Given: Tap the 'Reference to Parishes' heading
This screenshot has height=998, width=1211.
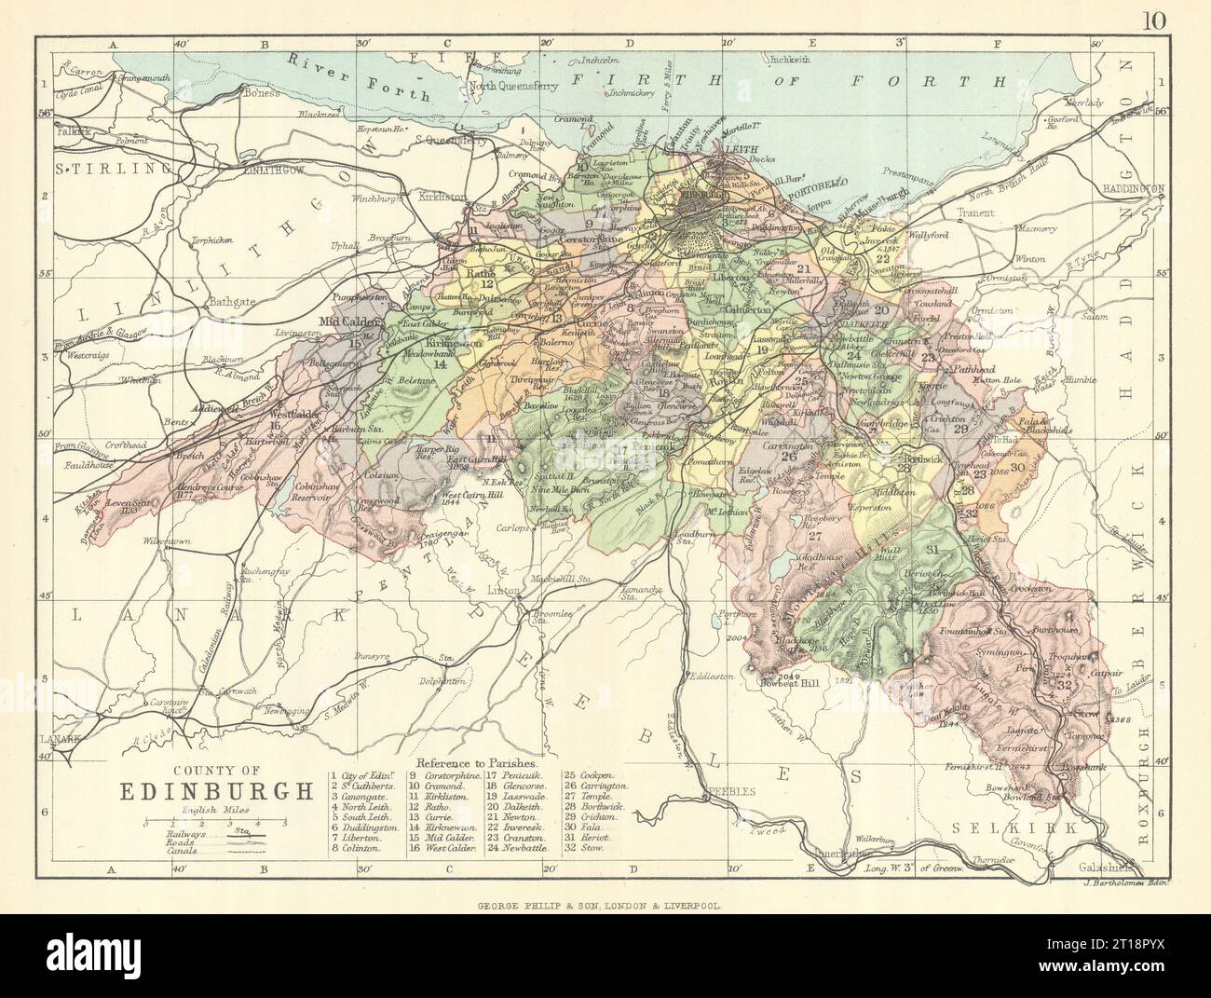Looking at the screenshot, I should [475, 761].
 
